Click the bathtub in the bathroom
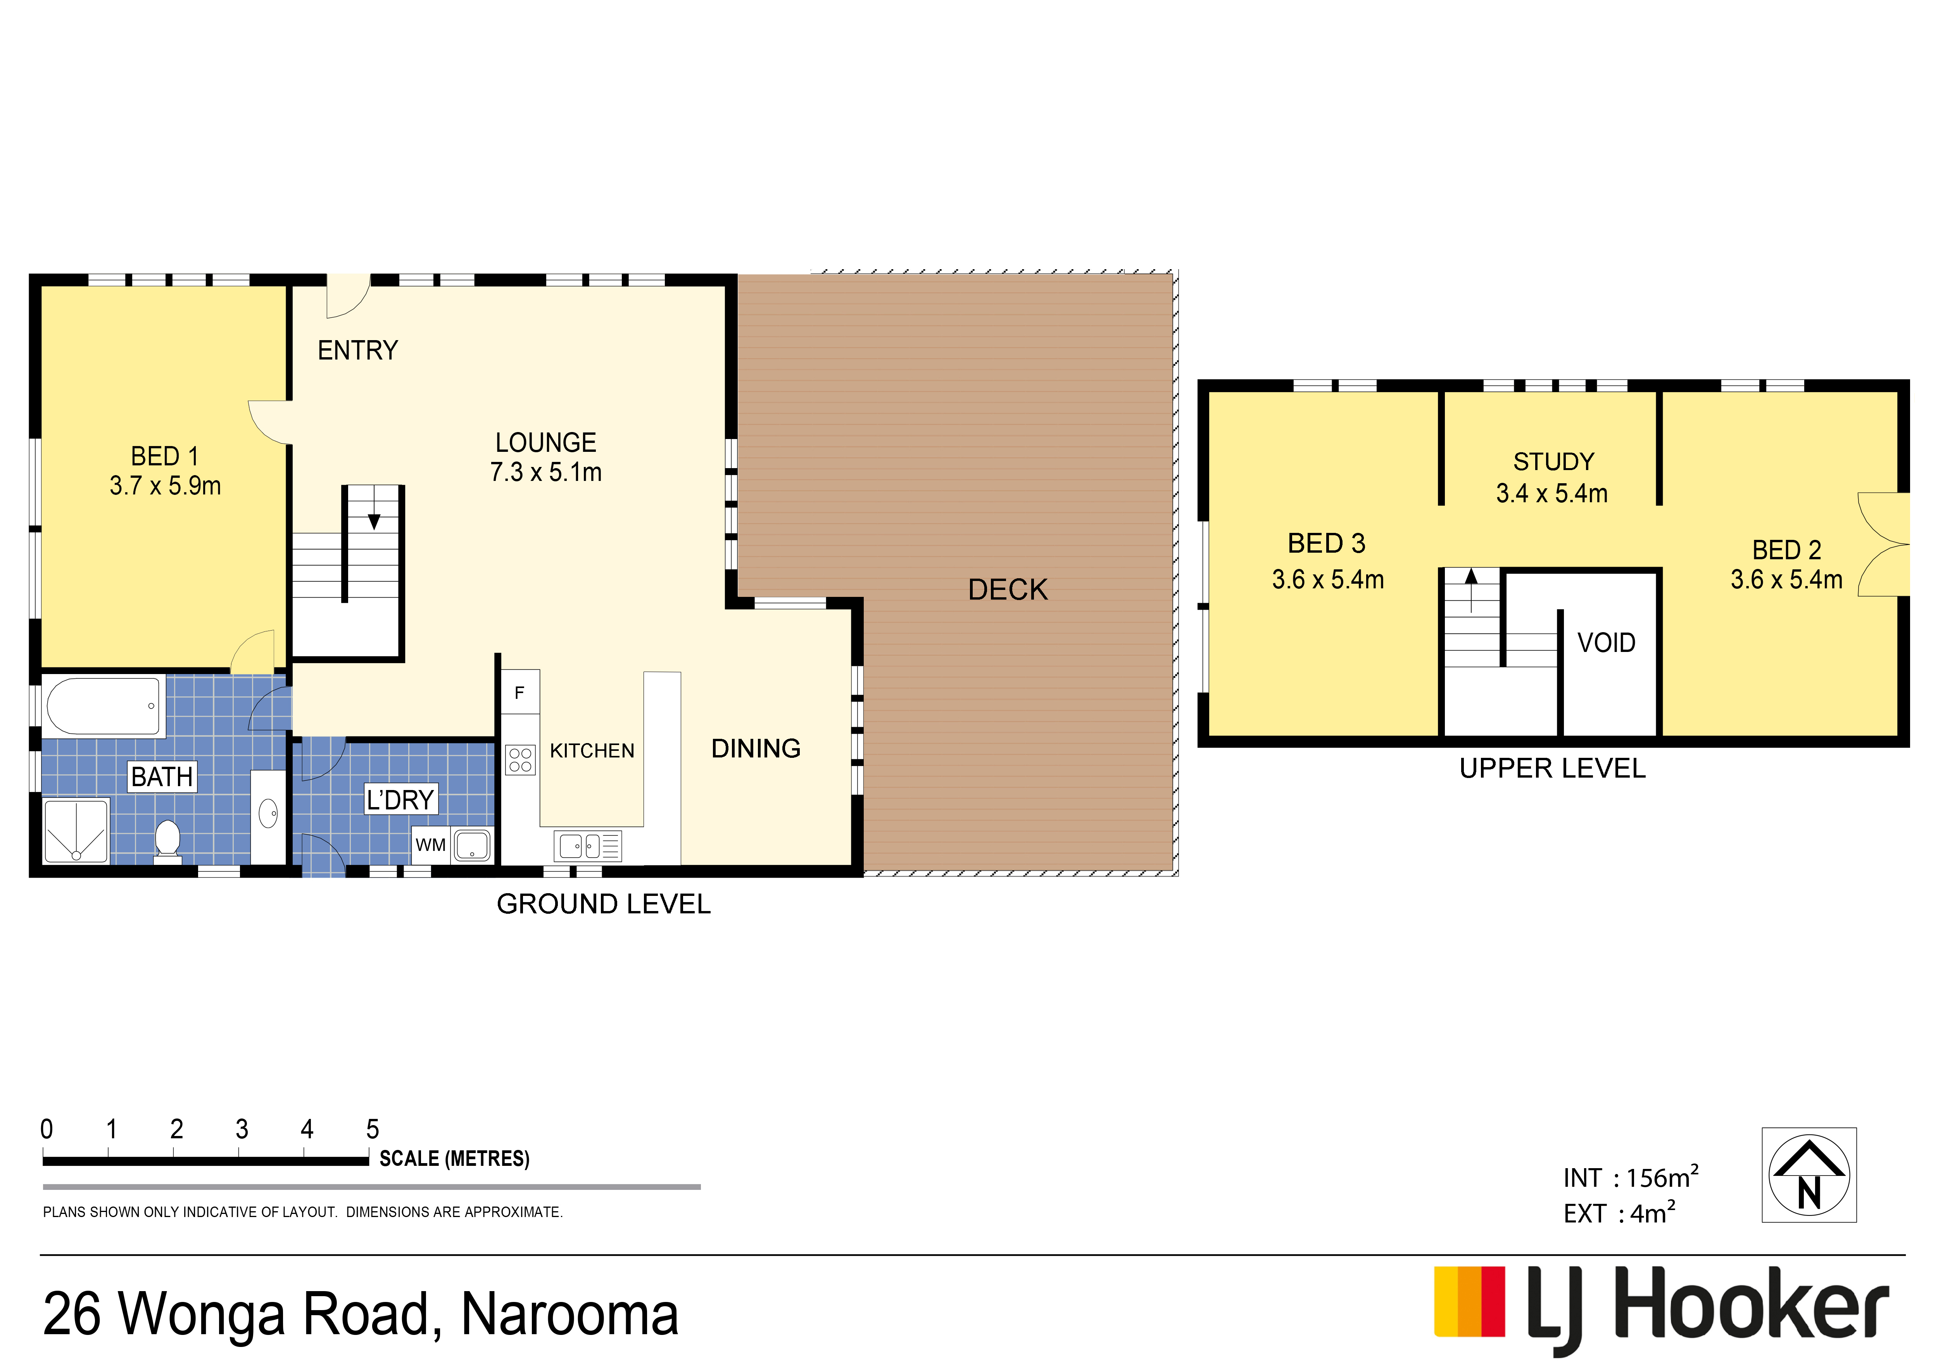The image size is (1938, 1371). click(104, 706)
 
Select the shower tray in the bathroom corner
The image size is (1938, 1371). click(76, 831)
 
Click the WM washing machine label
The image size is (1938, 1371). click(430, 845)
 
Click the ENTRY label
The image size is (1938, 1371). click(358, 350)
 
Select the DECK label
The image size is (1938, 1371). click(1008, 589)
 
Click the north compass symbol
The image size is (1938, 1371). click(1809, 1174)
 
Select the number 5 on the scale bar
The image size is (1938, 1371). click(372, 1129)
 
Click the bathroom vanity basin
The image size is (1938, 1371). click(268, 815)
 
